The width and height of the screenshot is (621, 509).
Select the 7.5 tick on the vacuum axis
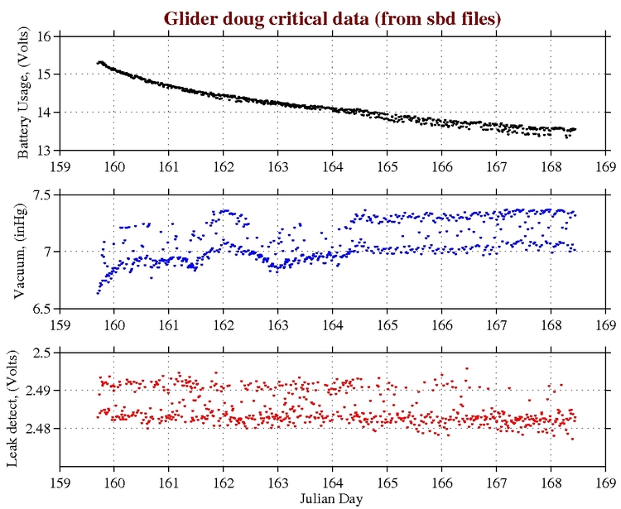[x=41, y=194]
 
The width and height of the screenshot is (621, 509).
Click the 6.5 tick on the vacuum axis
[x=41, y=308]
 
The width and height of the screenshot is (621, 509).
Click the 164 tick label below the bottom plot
[x=332, y=483]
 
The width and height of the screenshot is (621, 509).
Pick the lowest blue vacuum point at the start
[x=98, y=292]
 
